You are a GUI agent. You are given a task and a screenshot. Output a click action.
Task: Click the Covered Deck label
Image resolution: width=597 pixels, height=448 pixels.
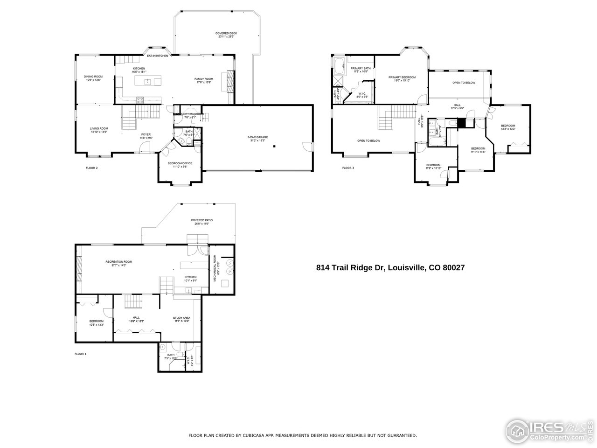click(x=226, y=35)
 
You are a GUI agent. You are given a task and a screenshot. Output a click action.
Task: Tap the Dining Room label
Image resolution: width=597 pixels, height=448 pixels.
click(x=93, y=78)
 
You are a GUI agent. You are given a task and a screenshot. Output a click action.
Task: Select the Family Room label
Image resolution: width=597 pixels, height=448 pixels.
click(x=204, y=80)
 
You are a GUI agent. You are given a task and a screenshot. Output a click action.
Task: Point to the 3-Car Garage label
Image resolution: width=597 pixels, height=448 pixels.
click(x=257, y=138)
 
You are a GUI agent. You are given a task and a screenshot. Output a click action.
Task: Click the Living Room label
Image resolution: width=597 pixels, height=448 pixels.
click(x=99, y=130)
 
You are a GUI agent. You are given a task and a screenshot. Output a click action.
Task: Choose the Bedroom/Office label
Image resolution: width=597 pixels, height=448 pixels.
click(x=180, y=164)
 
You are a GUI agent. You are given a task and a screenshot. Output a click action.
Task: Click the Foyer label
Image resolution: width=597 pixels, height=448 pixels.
click(x=146, y=136)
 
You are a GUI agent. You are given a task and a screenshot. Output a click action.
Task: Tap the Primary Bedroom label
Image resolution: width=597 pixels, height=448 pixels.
click(x=402, y=79)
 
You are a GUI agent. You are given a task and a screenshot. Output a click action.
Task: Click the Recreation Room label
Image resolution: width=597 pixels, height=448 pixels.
click(x=118, y=263)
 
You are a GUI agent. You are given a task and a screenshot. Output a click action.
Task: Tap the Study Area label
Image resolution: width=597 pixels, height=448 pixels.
click(x=181, y=319)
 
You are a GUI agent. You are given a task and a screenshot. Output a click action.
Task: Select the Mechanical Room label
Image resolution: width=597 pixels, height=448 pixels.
click(x=215, y=268)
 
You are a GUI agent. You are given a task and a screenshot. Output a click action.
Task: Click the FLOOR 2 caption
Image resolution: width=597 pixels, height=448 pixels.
click(x=91, y=168)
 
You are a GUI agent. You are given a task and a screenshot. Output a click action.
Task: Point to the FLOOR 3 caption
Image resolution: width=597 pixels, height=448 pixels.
click(x=348, y=168)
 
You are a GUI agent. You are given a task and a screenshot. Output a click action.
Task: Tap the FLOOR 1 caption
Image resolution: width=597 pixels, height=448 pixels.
click(x=80, y=354)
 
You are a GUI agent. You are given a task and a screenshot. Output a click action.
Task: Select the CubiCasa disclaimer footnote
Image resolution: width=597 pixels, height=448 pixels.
click(x=302, y=435)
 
